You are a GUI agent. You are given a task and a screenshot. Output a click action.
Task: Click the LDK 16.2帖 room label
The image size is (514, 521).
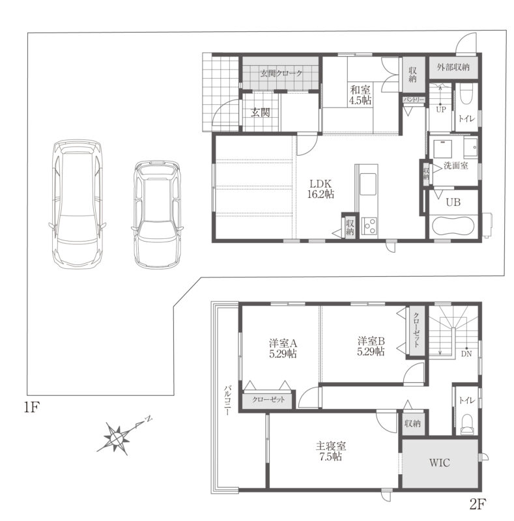(321, 189)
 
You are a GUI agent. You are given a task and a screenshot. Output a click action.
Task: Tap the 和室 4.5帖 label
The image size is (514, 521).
(360, 94)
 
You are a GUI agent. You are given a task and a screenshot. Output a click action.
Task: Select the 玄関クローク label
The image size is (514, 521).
(281, 73)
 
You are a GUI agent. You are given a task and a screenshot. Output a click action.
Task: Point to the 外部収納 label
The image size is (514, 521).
(453, 67)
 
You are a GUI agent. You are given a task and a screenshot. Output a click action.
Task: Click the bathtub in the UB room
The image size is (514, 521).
(453, 227)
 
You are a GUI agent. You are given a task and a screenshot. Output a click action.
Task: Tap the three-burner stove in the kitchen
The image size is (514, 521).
(369, 227)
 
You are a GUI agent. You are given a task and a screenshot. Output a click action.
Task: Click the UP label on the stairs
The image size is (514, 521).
(440, 109)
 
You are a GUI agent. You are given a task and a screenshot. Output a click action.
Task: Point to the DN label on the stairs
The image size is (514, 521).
(466, 354)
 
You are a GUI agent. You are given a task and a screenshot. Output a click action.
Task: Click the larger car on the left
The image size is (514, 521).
(78, 203)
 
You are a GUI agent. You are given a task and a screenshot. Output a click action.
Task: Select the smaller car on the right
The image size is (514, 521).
(157, 214)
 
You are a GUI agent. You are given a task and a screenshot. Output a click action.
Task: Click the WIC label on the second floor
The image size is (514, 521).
(439, 462)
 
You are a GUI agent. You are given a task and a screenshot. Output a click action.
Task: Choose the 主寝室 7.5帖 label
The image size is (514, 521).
(330, 451)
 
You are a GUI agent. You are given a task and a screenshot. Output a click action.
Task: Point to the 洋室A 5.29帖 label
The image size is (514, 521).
(283, 348)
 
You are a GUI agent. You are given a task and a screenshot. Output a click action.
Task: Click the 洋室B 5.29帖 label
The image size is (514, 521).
(371, 346)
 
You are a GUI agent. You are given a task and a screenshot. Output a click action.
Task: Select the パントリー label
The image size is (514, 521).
(414, 100)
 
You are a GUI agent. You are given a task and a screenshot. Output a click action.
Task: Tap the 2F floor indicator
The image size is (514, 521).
(478, 505)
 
